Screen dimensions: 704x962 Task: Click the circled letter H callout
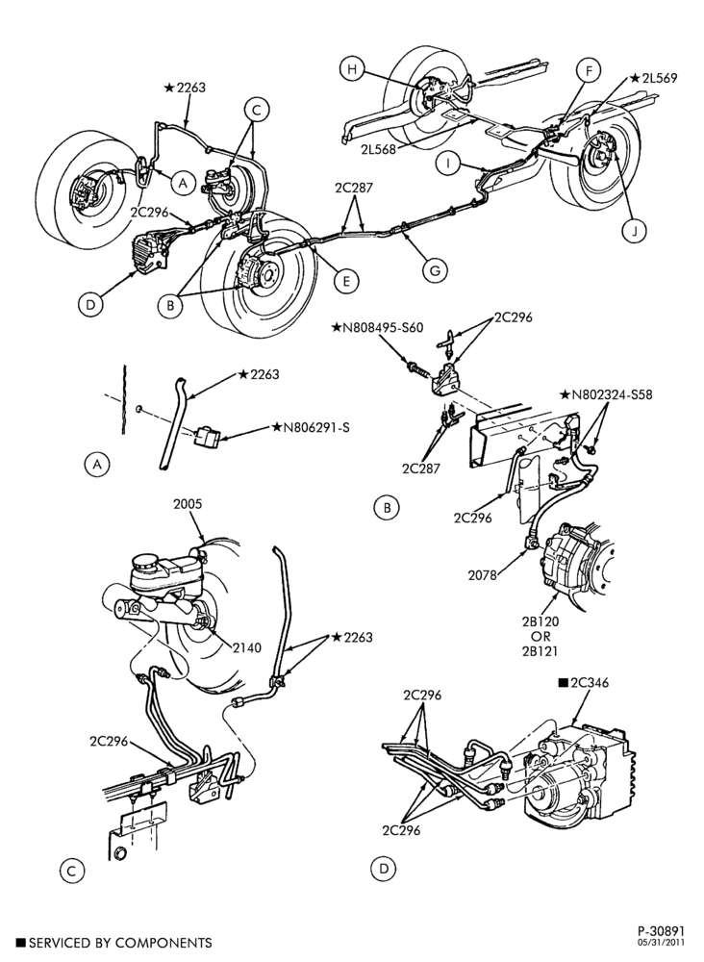(x=352, y=69)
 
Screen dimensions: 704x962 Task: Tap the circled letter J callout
(x=635, y=231)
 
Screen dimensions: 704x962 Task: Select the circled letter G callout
(x=435, y=270)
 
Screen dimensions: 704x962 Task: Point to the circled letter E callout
(x=346, y=281)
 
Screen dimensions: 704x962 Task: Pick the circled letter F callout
(x=589, y=72)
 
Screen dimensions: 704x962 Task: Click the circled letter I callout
(x=449, y=164)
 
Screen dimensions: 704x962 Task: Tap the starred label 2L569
(x=653, y=78)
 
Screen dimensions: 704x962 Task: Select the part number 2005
(x=188, y=504)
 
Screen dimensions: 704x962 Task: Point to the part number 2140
(x=247, y=647)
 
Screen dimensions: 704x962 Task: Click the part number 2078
(x=483, y=575)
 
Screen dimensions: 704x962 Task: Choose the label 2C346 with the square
(x=583, y=683)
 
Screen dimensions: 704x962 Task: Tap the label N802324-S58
(x=606, y=394)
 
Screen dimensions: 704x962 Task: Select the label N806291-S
(x=312, y=427)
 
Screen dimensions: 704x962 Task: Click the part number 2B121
(x=541, y=651)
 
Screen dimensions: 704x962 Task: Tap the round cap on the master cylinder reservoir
(x=148, y=562)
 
